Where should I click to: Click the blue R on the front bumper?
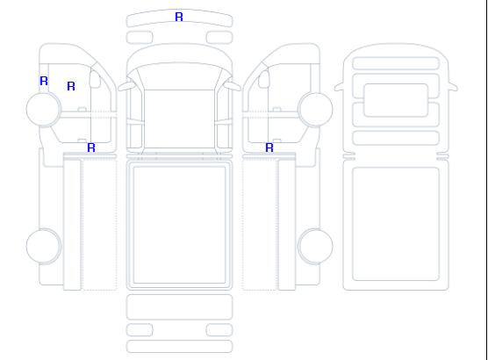coord(179,17)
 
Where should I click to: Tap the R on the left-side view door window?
coord(71,86)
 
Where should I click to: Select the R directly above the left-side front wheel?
coord(44,81)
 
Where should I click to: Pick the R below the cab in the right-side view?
coord(269,148)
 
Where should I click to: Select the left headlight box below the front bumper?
coord(140,38)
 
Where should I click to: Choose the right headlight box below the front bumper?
coord(219,38)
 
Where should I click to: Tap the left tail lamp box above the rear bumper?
coord(140,330)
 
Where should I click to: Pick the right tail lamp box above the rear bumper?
coord(219,330)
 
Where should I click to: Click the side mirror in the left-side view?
coord(95,79)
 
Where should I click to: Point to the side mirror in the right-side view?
coord(264,79)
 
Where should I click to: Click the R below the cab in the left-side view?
coord(91,148)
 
